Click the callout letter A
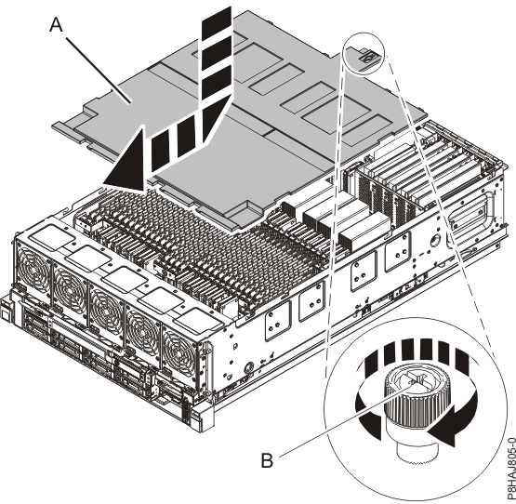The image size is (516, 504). click(57, 25)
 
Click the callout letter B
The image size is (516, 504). click(267, 460)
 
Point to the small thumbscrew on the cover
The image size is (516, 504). click(368, 58)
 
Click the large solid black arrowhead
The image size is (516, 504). click(126, 161)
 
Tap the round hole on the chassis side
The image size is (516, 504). click(436, 240)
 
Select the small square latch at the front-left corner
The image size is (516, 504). click(6, 311)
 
